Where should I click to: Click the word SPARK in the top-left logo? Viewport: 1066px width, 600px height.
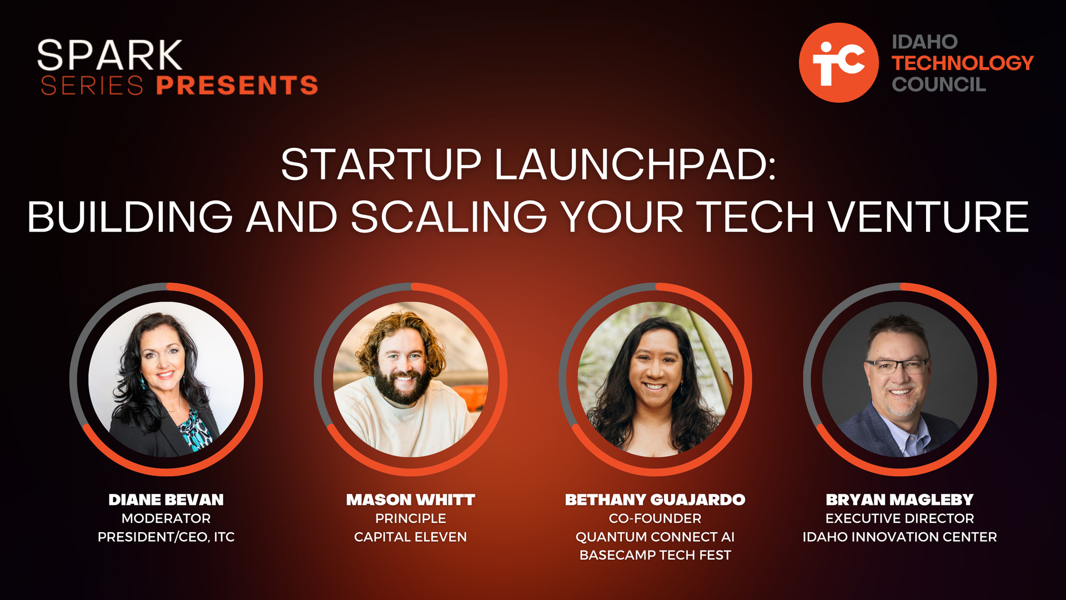[x=109, y=55]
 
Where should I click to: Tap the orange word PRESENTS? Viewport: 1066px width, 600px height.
[x=237, y=85]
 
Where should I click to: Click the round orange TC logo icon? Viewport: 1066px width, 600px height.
[x=838, y=62]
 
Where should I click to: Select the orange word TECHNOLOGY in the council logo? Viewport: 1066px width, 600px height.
[x=963, y=63]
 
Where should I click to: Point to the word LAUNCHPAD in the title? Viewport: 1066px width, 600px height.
[x=635, y=164]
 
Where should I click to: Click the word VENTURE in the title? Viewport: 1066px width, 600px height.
[x=929, y=217]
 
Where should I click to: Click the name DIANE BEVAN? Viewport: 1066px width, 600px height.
[x=166, y=499]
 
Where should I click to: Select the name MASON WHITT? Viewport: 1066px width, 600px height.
[x=410, y=499]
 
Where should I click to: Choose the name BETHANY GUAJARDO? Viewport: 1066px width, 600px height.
[x=655, y=499]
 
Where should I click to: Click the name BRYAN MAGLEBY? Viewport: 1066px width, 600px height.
[x=899, y=499]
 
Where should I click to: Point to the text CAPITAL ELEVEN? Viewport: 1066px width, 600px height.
[x=410, y=537]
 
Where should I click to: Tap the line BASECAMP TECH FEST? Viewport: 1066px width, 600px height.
[x=655, y=555]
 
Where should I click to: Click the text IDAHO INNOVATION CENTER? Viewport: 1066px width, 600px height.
[x=899, y=537]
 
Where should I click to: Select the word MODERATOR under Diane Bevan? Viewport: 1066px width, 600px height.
[x=166, y=518]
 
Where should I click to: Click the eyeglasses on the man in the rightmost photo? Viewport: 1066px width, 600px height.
[x=896, y=366]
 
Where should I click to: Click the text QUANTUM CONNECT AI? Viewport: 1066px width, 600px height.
[x=655, y=537]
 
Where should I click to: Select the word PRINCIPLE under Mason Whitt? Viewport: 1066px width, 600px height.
[x=410, y=518]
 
